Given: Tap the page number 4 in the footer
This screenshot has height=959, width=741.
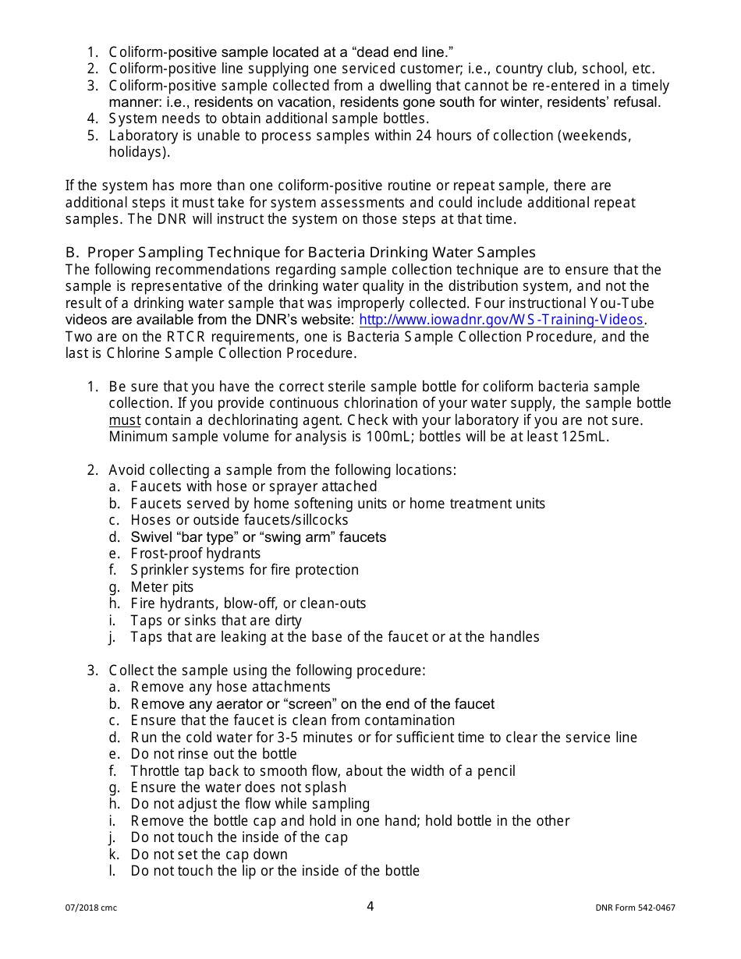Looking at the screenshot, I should pos(370,906).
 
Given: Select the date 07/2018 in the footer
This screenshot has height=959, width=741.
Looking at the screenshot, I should pos(81,908).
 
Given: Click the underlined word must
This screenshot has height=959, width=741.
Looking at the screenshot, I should pos(125,420).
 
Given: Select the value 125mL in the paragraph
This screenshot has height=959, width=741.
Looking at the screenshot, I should pos(584,437).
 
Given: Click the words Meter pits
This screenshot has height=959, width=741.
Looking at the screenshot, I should pos(162,587).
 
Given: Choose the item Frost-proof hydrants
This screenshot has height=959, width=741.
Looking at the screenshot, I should pos(196,554).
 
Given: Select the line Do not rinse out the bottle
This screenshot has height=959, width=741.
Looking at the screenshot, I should pos(214,754).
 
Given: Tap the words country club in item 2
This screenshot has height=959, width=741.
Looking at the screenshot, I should pos(537,69).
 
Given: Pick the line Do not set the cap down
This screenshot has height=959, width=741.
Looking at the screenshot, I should pos(209,855).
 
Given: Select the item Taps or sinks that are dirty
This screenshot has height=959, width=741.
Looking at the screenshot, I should pos(216,621).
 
